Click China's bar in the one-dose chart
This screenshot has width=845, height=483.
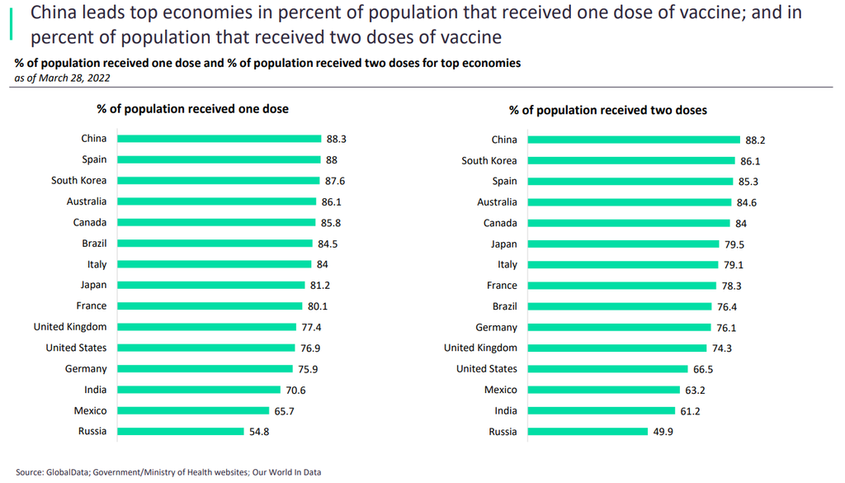[x=219, y=139]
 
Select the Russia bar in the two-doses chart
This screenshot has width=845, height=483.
[x=588, y=431]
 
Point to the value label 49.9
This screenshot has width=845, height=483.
[x=663, y=431]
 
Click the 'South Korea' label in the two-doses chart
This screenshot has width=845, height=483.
[x=489, y=160]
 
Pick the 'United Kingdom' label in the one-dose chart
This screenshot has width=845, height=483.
[x=70, y=327]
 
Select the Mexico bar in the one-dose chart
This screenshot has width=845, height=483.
[x=193, y=410]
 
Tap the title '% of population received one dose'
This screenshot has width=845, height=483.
[x=193, y=108]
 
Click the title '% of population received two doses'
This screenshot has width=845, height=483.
[x=608, y=110]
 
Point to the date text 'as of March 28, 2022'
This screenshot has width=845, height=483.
[x=63, y=78]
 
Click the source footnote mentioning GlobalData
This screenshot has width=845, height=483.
[x=168, y=472]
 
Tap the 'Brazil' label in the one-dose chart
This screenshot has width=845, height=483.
[x=94, y=244]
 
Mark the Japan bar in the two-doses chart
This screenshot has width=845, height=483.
[x=623, y=244]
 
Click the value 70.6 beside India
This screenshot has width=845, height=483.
[x=318, y=390]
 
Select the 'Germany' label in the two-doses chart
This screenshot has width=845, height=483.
[x=497, y=327]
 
